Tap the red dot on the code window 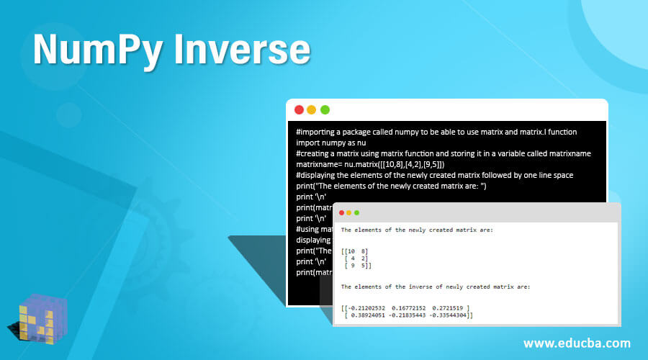[x=299, y=109]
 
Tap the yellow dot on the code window [x=312, y=109]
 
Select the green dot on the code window [x=325, y=109]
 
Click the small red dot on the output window [x=339, y=212]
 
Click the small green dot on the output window [x=356, y=212]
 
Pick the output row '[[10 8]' [x=356, y=251]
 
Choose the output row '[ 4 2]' [x=357, y=258]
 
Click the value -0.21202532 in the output [x=371, y=307]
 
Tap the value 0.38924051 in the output [x=372, y=315]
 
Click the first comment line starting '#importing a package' [x=436, y=132]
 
